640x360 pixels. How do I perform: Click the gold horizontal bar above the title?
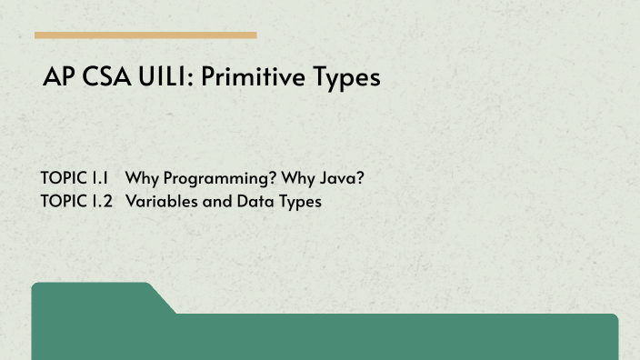[x=145, y=35]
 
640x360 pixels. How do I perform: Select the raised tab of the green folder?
[x=91, y=297]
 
